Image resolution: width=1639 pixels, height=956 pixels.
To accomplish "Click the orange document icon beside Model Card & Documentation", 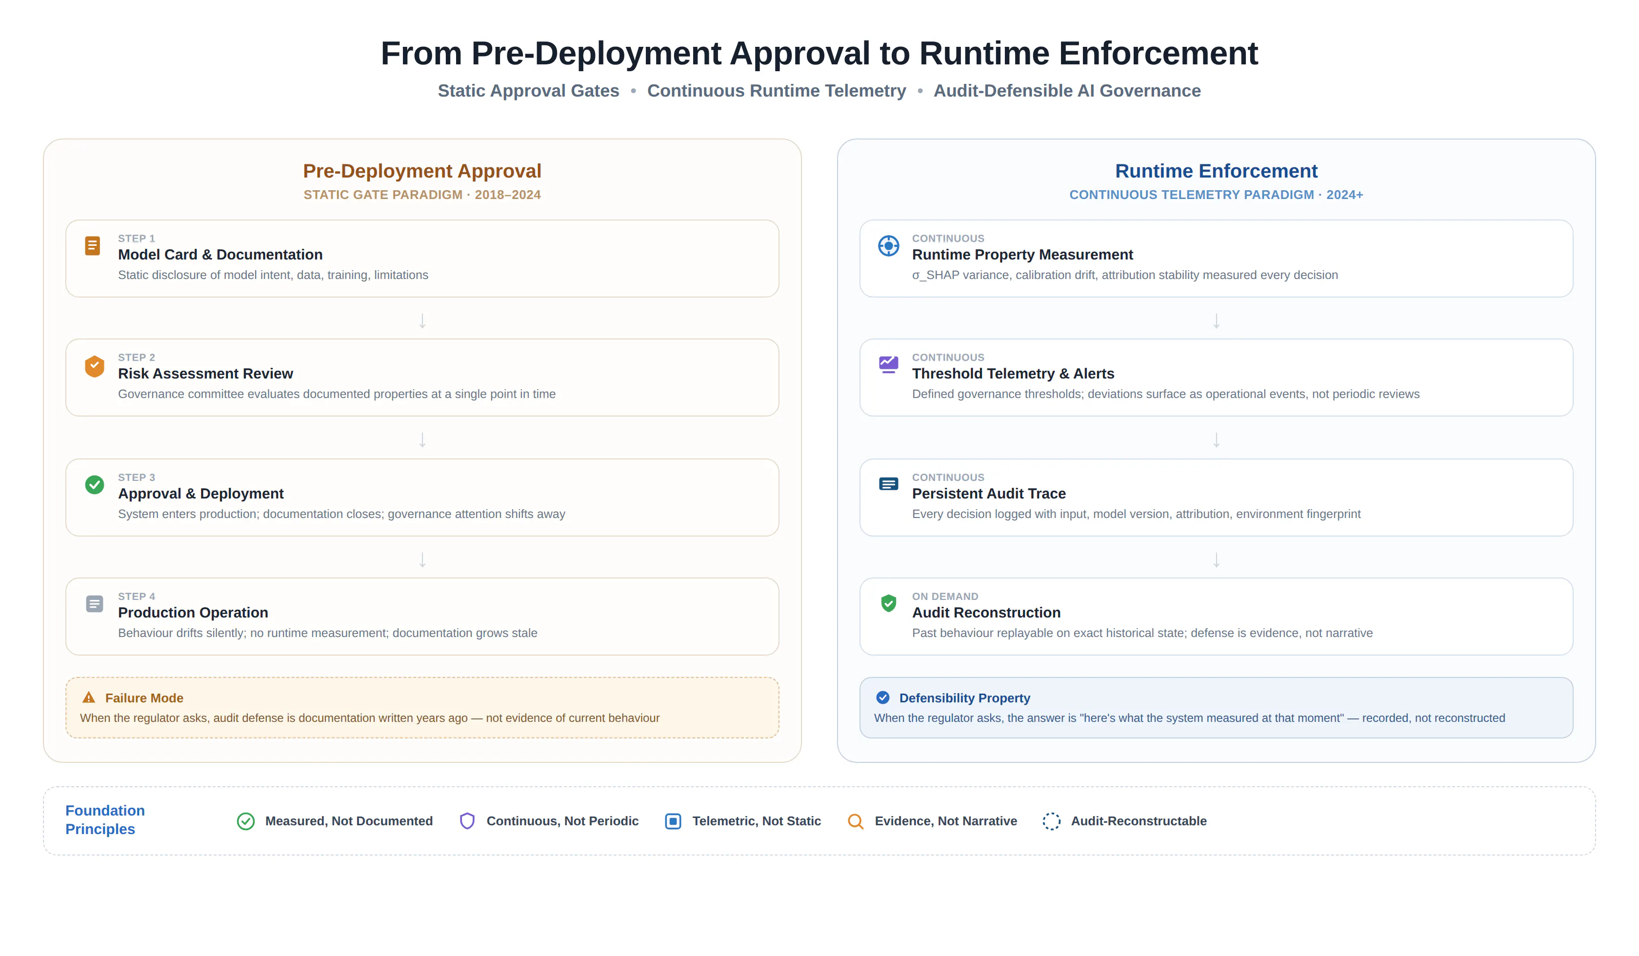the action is pyautogui.click(x=92, y=246).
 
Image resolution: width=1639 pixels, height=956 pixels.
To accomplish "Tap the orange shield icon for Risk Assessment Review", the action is pyautogui.click(x=94, y=366).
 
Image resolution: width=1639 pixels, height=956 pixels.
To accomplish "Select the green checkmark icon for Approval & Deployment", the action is pyautogui.click(x=94, y=484).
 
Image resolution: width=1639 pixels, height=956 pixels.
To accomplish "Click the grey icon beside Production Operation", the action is pyautogui.click(x=94, y=604).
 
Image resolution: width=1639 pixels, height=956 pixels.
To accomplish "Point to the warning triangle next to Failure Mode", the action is pyautogui.click(x=89, y=698).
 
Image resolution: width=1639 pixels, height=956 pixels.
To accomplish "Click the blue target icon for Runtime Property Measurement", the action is pyautogui.click(x=888, y=246).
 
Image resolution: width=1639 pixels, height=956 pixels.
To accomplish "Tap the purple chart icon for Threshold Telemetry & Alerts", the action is pyautogui.click(x=888, y=364).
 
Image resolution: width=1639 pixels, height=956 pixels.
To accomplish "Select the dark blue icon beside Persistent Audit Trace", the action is pyautogui.click(x=888, y=484).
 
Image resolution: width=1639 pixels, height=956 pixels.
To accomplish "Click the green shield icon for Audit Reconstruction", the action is pyautogui.click(x=888, y=603).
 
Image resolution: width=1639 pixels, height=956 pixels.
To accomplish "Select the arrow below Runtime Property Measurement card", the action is pyautogui.click(x=1216, y=320).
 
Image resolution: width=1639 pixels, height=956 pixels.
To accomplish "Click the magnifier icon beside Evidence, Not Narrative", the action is pyautogui.click(x=855, y=821).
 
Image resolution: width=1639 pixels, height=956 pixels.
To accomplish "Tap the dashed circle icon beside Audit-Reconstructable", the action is pyautogui.click(x=1051, y=821).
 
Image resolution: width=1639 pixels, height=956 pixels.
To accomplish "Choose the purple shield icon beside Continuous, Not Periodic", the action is pyautogui.click(x=467, y=821).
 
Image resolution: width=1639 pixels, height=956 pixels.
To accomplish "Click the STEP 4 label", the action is pyautogui.click(x=137, y=597).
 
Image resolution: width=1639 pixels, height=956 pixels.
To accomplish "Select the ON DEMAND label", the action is pyautogui.click(x=945, y=597).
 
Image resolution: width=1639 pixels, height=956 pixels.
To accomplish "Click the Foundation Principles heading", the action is pyautogui.click(x=105, y=820).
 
